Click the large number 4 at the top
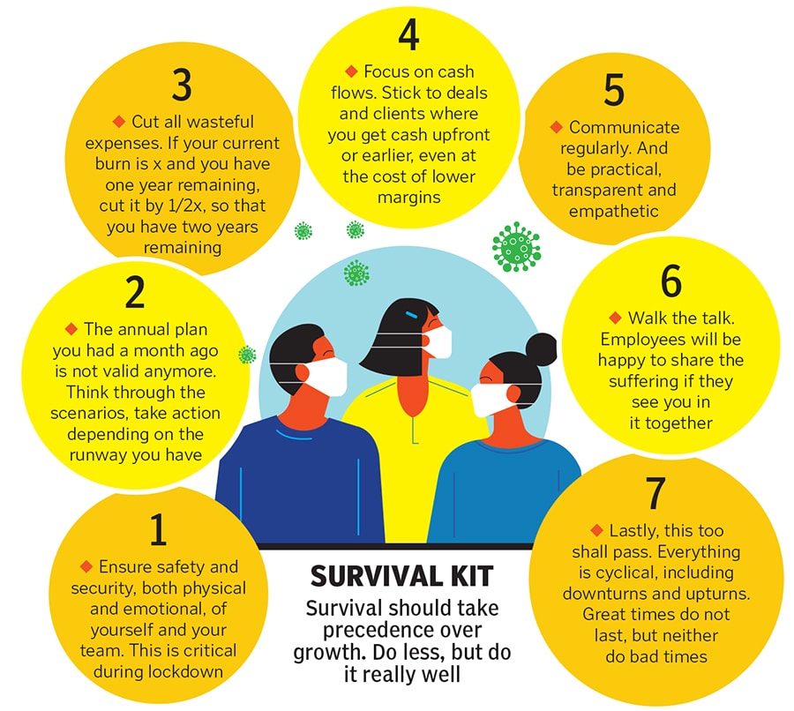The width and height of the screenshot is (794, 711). click(408, 35)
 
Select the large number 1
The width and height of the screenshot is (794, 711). click(159, 529)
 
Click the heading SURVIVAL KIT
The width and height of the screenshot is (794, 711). click(401, 576)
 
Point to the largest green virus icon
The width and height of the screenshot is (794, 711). click(516, 247)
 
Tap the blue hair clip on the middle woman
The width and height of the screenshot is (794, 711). click(411, 315)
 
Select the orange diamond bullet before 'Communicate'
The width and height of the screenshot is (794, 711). click(556, 127)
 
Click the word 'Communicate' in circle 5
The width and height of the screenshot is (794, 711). click(624, 127)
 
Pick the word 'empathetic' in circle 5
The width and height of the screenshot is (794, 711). click(614, 211)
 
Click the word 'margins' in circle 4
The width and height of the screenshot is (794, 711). click(408, 198)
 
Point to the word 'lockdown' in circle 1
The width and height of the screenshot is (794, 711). click(185, 671)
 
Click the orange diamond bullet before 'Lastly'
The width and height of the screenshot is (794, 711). click(596, 530)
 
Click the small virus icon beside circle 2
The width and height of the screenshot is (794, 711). click(247, 355)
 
